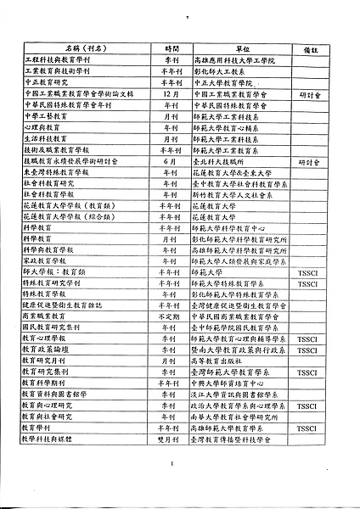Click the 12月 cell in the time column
pyautogui.click(x=169, y=94)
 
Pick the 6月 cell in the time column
pyautogui.click(x=169, y=160)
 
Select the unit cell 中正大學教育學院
pyautogui.click(x=223, y=83)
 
